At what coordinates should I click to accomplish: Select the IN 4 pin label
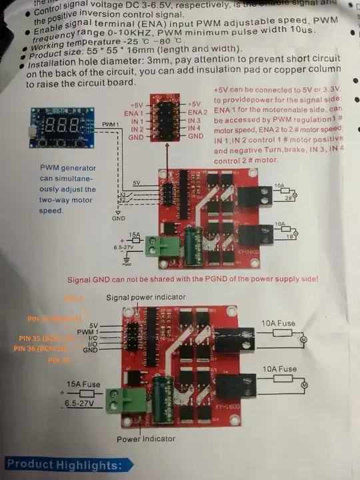(194, 128)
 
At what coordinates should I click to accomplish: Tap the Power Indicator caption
(146, 439)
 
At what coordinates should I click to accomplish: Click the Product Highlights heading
(65, 465)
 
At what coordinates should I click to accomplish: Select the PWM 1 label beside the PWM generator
(111, 125)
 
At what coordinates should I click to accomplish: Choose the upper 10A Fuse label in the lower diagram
(279, 323)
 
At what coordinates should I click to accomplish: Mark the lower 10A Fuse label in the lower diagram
(279, 369)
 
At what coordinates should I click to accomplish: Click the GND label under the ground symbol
(118, 218)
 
